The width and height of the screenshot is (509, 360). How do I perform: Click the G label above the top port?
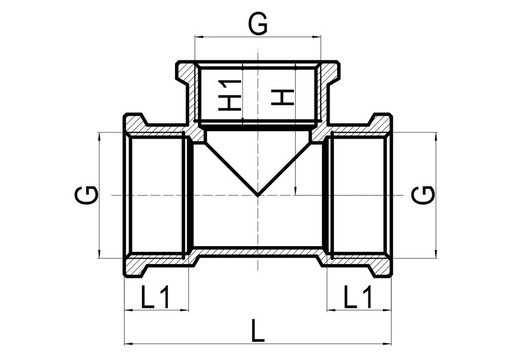(258, 24)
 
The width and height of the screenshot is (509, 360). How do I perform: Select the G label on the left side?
(87, 195)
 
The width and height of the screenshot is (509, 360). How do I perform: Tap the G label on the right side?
(423, 195)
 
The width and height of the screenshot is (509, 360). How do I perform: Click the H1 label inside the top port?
(230, 95)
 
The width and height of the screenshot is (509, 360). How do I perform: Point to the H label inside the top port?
(282, 97)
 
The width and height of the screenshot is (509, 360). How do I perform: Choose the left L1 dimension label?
(155, 297)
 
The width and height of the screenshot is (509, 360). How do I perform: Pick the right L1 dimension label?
(358, 297)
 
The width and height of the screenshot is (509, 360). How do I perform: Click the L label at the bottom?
(258, 331)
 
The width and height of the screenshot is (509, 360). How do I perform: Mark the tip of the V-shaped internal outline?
(258, 196)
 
